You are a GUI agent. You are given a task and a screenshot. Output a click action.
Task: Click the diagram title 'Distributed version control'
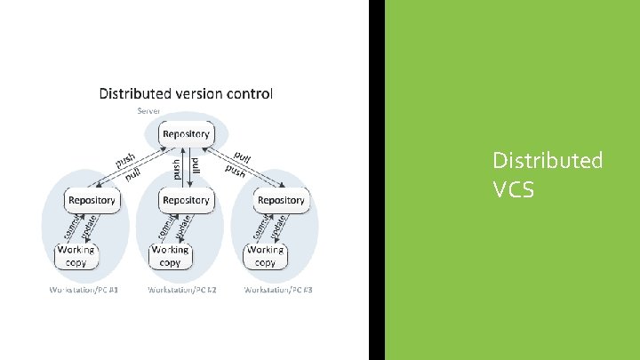[186, 92]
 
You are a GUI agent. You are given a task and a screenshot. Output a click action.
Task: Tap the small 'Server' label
[148, 111]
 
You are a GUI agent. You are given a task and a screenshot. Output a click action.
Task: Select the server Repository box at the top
[187, 135]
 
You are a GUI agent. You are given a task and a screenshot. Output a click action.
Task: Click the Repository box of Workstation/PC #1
[92, 200]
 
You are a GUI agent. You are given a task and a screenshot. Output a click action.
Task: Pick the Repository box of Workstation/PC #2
[186, 200]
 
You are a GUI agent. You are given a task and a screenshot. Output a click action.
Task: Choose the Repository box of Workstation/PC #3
[281, 200]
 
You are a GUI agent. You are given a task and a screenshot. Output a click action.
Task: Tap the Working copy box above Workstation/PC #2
[170, 256]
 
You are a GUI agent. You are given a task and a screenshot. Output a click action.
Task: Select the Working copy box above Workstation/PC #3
[265, 256]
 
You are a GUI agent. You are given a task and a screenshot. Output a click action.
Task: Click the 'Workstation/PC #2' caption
[180, 291]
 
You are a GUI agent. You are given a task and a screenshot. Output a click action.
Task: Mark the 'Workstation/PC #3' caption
[278, 291]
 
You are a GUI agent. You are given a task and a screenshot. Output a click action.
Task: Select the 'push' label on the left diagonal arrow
[124, 160]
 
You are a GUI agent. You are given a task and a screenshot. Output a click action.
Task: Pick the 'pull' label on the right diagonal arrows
[243, 156]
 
